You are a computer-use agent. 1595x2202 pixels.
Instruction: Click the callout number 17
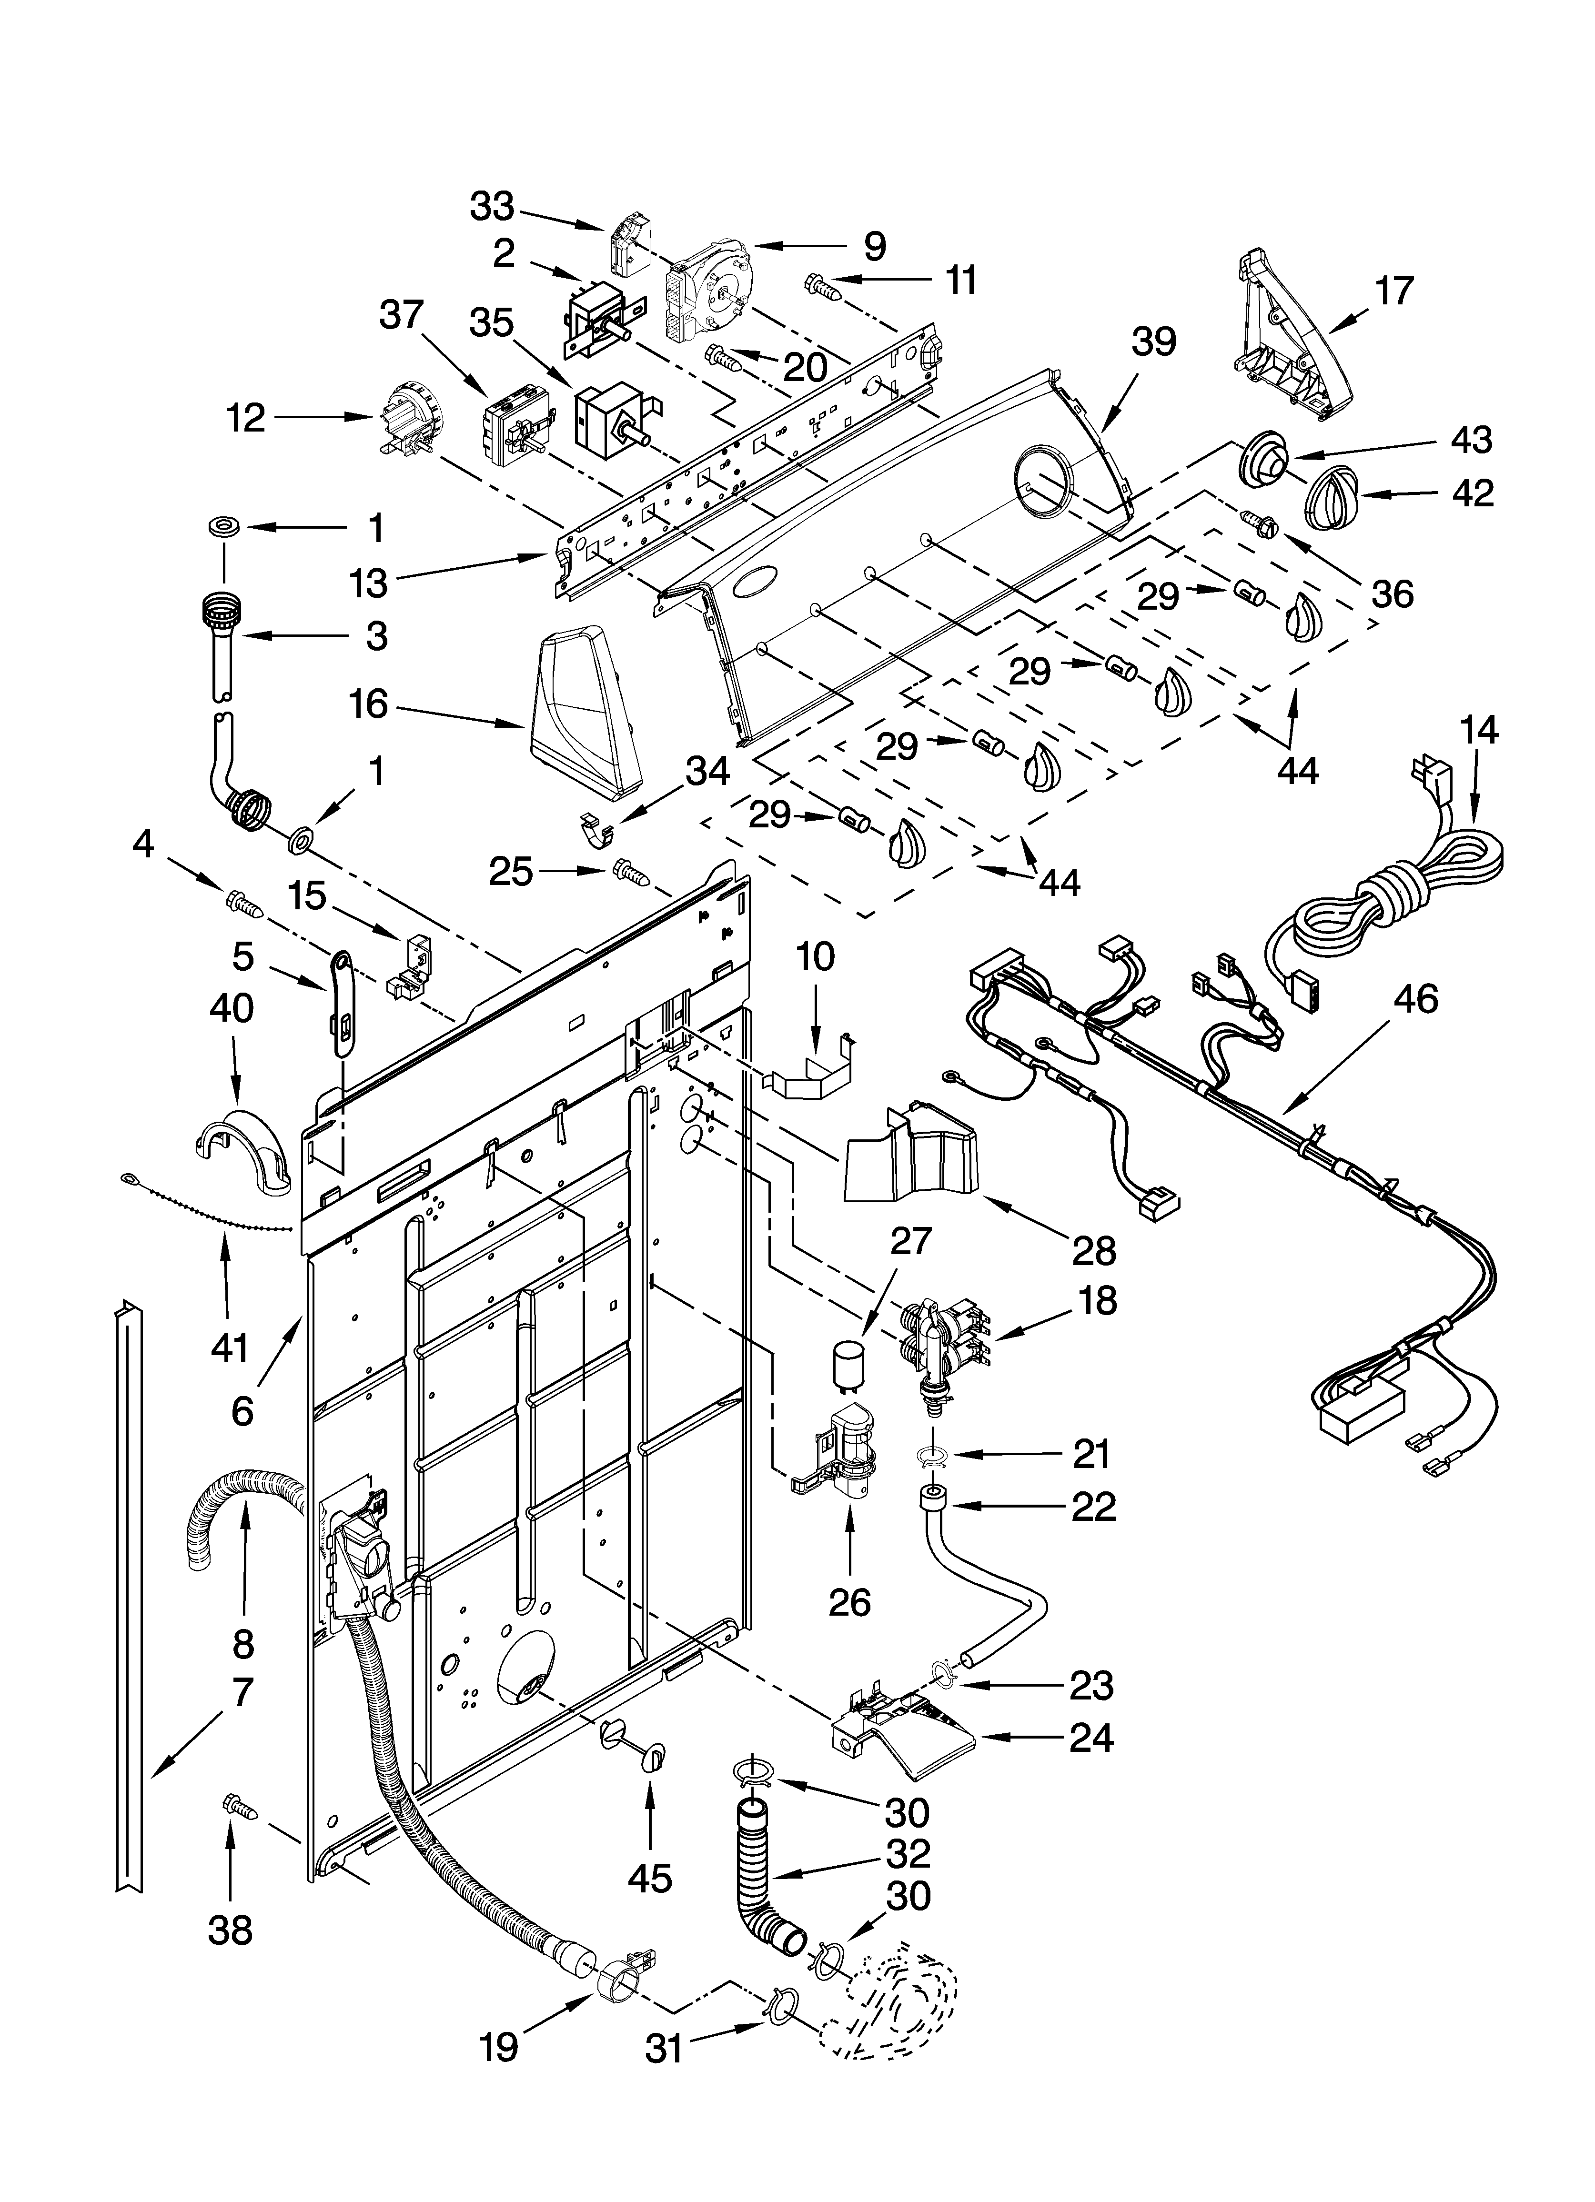[1394, 290]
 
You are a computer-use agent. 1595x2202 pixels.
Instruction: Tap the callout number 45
[649, 1879]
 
